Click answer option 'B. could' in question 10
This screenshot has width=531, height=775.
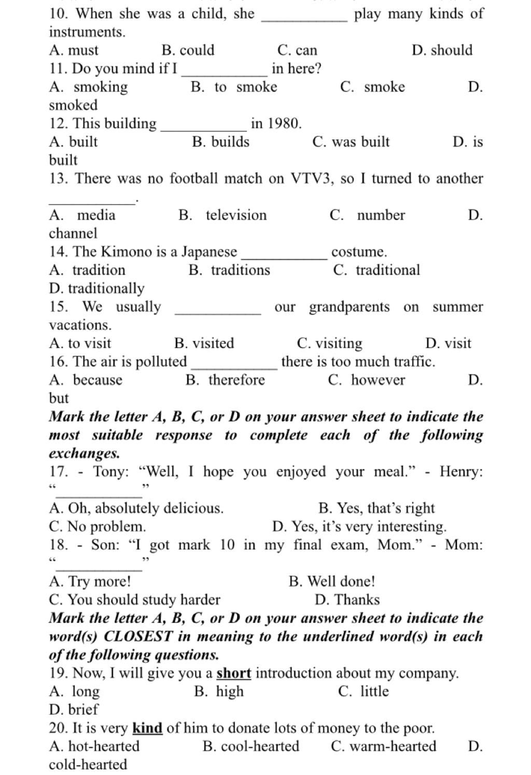(188, 50)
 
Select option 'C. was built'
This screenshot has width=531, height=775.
(351, 142)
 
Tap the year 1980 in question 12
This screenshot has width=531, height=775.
(283, 124)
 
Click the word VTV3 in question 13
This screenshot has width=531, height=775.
(310, 179)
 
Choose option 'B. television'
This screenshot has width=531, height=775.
(222, 215)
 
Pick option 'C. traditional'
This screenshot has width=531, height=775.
(377, 270)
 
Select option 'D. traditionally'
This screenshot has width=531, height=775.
(97, 288)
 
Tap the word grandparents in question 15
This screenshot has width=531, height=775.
(349, 307)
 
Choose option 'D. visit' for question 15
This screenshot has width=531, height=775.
(448, 343)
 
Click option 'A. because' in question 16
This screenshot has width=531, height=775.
(86, 380)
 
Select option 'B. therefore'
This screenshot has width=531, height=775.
(225, 380)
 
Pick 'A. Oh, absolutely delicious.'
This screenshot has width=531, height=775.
(136, 508)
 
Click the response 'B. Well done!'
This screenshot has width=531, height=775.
(332, 582)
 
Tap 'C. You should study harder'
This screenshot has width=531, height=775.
(135, 600)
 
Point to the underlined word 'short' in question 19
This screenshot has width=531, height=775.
(234, 673)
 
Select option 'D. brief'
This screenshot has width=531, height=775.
(74, 710)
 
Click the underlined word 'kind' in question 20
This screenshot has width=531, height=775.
(148, 728)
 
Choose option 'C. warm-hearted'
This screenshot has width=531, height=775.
(384, 746)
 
